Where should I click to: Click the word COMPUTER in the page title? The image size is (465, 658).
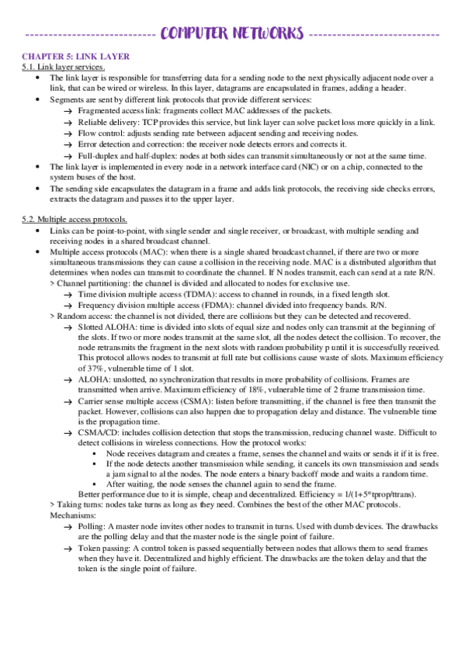194,34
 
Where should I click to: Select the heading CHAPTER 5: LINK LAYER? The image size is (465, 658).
75,57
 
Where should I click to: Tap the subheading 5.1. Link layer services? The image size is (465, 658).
63,68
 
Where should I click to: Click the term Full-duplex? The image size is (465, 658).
99,156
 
